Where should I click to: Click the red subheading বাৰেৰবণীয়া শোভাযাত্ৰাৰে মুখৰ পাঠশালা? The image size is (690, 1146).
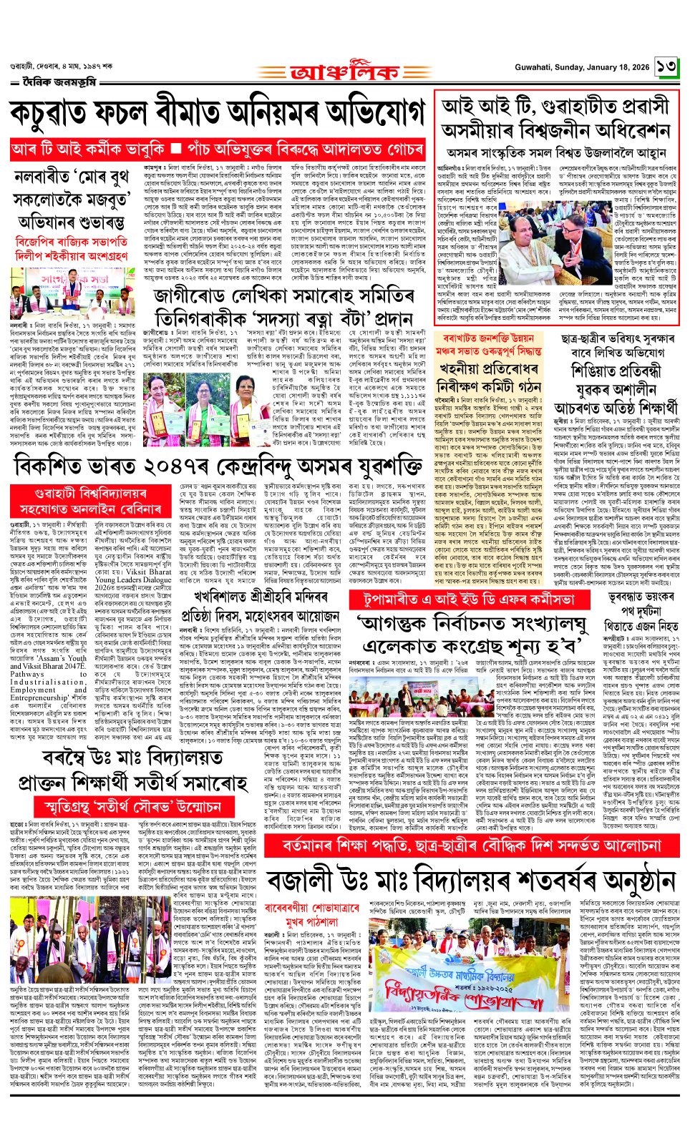(x=312, y=914)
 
